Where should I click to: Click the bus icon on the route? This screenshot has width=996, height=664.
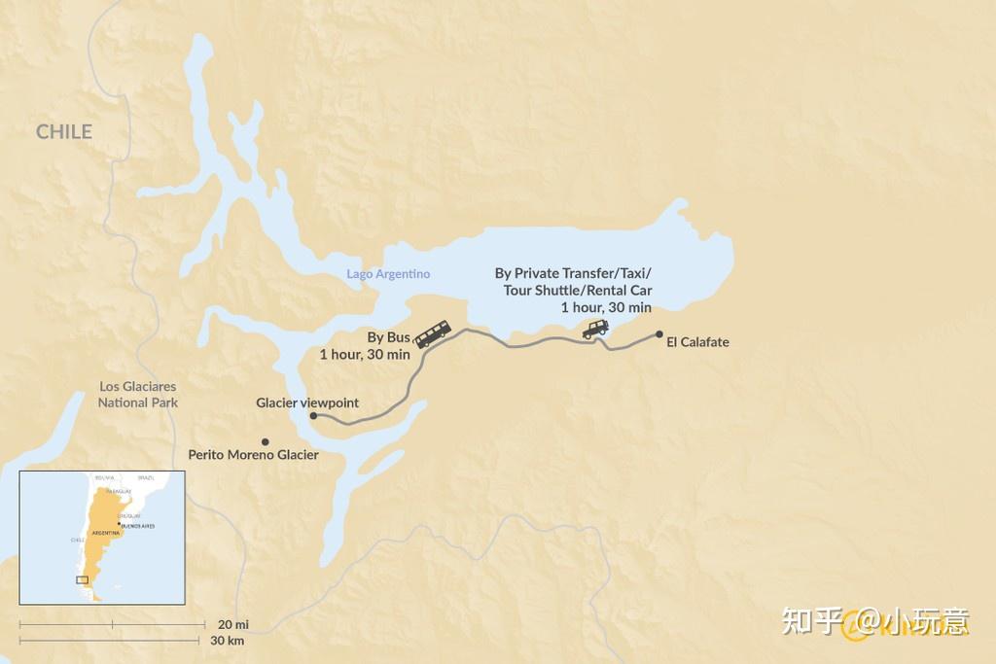[x=433, y=333]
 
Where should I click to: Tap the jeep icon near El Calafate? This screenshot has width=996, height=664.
[x=596, y=330]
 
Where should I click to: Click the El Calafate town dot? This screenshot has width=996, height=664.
[x=659, y=334]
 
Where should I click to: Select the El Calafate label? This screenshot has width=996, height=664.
[x=697, y=342]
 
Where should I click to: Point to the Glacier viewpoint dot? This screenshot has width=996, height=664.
[x=313, y=415]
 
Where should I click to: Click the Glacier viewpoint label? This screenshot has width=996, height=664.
[x=307, y=402]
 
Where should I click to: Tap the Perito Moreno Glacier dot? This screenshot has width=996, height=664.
[x=266, y=441]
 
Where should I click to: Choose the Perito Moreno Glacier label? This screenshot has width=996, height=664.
[x=253, y=455]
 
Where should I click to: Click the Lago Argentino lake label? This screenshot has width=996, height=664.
[x=388, y=274]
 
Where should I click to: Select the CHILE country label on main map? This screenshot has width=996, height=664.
[x=64, y=132]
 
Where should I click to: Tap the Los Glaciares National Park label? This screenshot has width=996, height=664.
[x=137, y=394]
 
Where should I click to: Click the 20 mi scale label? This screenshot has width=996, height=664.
[x=233, y=624]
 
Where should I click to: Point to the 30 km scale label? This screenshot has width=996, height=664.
[x=228, y=641]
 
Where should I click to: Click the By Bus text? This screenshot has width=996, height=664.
[x=388, y=337]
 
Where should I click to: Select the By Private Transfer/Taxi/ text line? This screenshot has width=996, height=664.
[x=573, y=274]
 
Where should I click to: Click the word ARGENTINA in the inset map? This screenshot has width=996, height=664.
[x=105, y=534]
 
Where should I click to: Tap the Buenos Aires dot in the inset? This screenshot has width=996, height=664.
[x=119, y=524]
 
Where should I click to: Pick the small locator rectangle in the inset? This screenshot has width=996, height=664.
[x=83, y=579]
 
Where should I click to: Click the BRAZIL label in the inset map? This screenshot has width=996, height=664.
[x=146, y=478]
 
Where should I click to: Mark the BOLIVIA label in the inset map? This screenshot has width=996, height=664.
[x=104, y=478]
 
